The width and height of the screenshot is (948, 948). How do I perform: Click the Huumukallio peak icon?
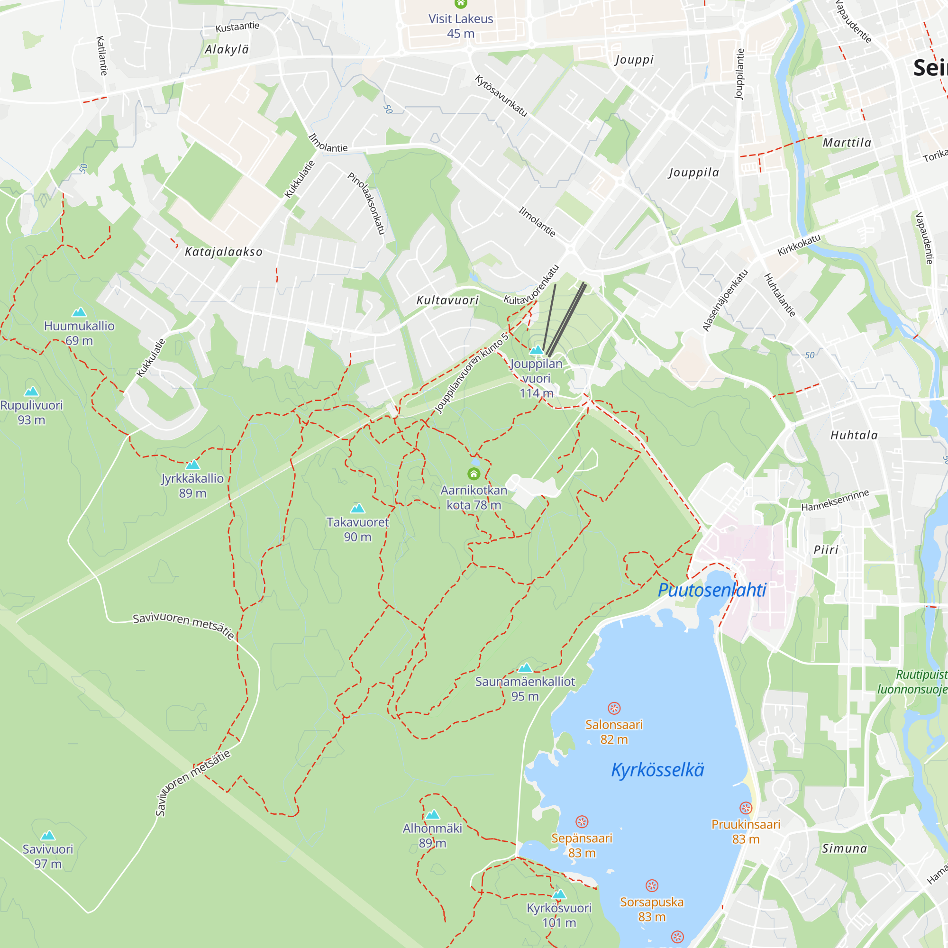[79, 312]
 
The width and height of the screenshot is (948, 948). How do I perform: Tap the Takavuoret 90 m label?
[357, 529]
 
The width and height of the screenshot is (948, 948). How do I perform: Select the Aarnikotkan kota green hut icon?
[474, 474]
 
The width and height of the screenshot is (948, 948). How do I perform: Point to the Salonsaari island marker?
[614, 708]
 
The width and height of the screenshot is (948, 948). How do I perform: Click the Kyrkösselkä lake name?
[657, 770]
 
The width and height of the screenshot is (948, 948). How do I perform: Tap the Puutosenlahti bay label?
[711, 590]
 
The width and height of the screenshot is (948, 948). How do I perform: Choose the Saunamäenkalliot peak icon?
[525, 668]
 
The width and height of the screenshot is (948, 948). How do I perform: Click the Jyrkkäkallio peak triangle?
[193, 465]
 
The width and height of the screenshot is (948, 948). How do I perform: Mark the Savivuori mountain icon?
[47, 836]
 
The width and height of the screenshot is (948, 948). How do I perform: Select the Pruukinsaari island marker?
[745, 808]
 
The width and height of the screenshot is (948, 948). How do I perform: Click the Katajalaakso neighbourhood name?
[224, 252]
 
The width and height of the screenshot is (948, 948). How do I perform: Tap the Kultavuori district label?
[447, 301]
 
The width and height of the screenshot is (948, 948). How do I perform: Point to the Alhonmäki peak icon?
[432, 815]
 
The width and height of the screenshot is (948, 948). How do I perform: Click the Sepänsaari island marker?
[582, 822]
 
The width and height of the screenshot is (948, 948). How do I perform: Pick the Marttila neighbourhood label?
[847, 143]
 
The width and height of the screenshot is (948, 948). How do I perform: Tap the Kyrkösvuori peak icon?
[559, 894]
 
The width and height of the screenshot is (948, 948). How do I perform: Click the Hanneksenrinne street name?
[835, 500]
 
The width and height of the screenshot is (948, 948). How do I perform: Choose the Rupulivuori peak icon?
[31, 392]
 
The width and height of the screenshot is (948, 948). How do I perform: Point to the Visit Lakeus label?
[460, 19]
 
